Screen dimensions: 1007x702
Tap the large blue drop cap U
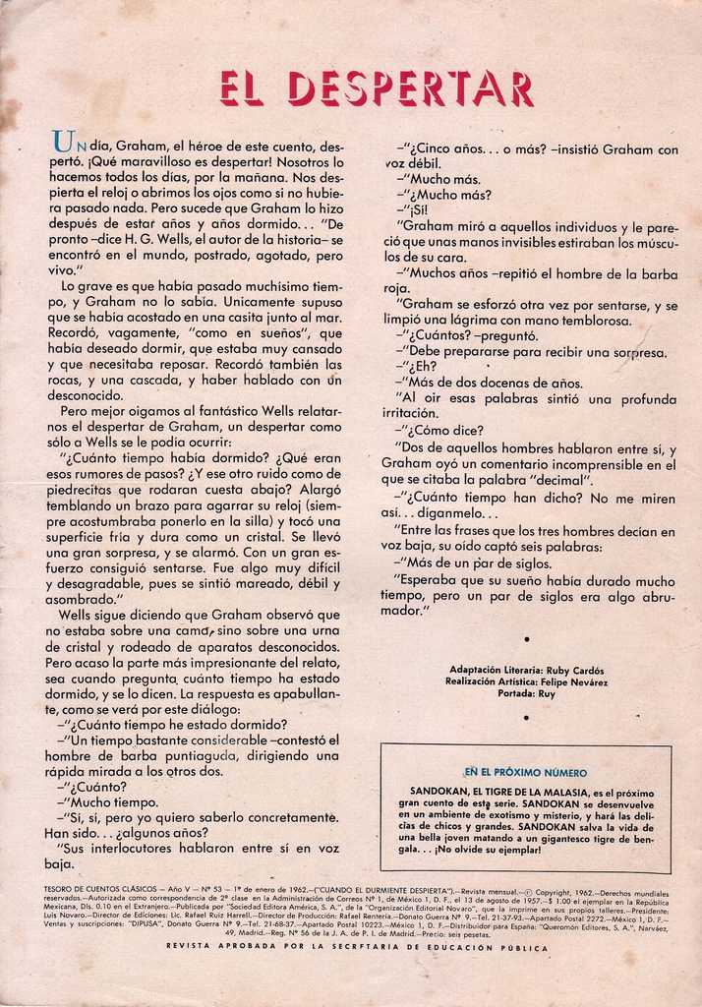click(63, 146)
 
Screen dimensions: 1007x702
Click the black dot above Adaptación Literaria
click(526, 639)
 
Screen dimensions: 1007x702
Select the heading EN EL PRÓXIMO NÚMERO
click(526, 773)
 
